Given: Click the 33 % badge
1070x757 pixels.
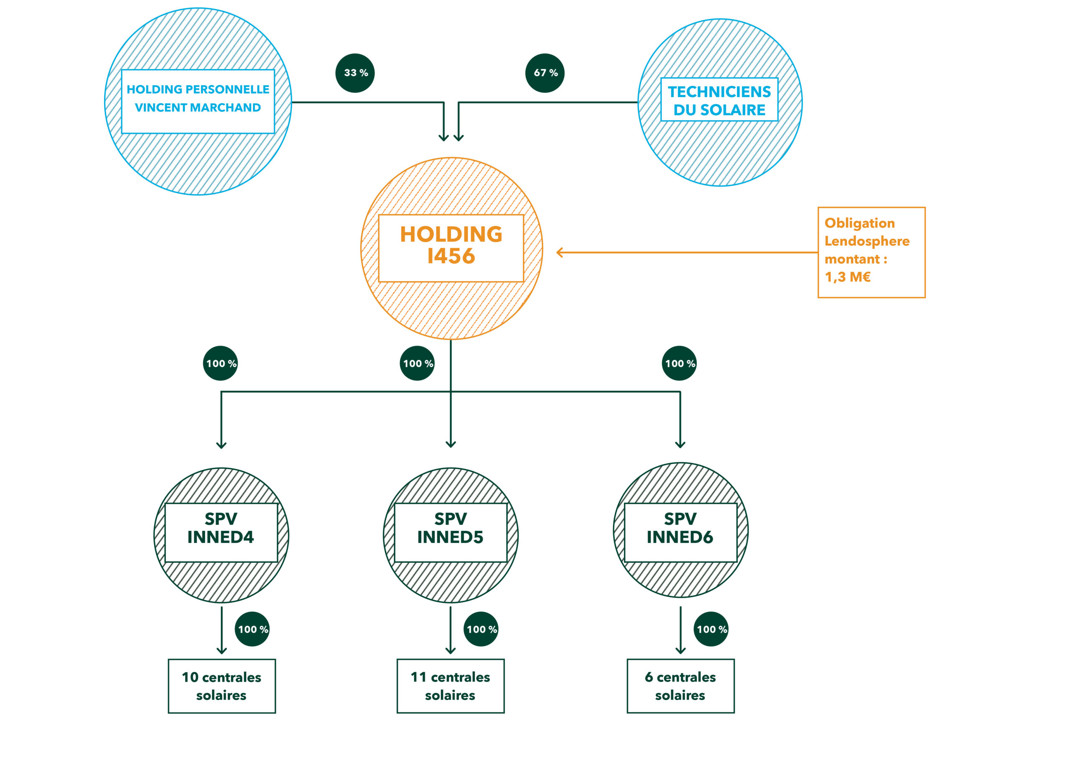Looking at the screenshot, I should [355, 73].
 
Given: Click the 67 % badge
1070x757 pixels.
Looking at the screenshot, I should [545, 73].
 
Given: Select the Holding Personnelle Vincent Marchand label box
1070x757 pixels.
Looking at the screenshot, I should [198, 102].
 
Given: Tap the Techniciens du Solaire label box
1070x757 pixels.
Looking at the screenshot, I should [720, 100].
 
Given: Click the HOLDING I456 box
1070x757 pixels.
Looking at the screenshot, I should [451, 248].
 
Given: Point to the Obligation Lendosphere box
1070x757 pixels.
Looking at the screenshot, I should [871, 252].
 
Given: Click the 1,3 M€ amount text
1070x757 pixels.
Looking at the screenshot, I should [848, 277].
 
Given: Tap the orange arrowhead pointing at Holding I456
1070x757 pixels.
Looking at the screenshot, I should [560, 253].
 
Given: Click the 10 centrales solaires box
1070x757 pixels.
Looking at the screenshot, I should [222, 685].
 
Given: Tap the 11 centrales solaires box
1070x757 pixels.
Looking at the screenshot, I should [451, 685].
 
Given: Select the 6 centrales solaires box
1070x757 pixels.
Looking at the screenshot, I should [680, 685].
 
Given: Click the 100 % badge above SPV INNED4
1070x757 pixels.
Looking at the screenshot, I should [220, 363].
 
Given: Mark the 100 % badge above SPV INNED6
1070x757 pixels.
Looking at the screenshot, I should [680, 363].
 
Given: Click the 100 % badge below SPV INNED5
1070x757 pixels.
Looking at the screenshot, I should [481, 629].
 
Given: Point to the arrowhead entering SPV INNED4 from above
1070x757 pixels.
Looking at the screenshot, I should [222, 445].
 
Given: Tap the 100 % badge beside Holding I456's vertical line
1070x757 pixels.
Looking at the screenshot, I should [418, 363].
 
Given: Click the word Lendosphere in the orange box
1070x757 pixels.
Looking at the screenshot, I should [867, 241].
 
